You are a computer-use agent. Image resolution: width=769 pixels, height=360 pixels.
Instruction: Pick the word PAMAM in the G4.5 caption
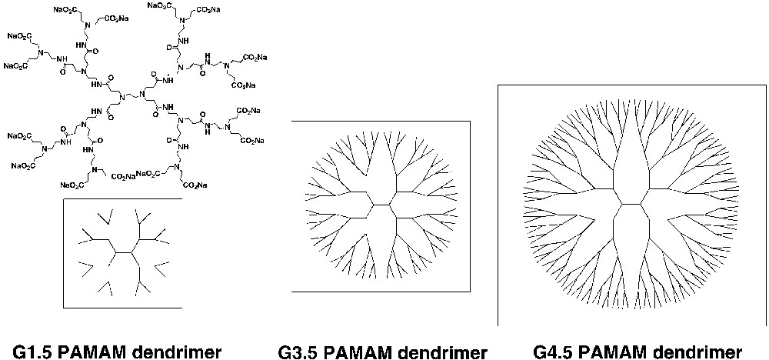pyautogui.click(x=627, y=352)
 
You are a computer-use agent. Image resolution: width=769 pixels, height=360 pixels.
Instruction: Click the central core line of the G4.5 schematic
pyautogui.click(x=631, y=204)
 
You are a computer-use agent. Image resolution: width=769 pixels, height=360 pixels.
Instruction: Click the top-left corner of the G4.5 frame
pyautogui.click(x=499, y=85)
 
